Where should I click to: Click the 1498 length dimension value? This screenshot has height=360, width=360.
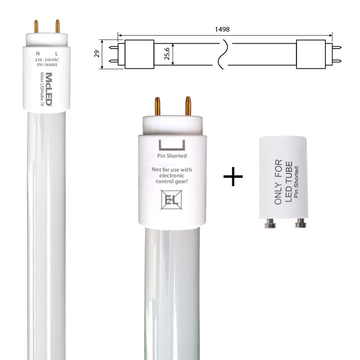click(x=222, y=29)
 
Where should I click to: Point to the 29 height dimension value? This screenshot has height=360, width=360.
click(x=97, y=54)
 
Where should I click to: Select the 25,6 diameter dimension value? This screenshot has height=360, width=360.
click(x=167, y=54)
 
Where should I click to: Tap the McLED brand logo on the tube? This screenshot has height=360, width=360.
click(x=49, y=89)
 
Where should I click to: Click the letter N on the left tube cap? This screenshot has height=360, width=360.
click(x=38, y=54)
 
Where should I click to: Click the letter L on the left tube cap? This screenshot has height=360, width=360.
click(x=57, y=54)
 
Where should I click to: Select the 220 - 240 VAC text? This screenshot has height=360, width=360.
click(x=47, y=60)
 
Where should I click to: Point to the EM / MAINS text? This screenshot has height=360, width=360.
click(x=47, y=65)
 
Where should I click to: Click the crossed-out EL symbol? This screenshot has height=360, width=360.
click(x=171, y=200)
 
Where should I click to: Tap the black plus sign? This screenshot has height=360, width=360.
click(x=233, y=176)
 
